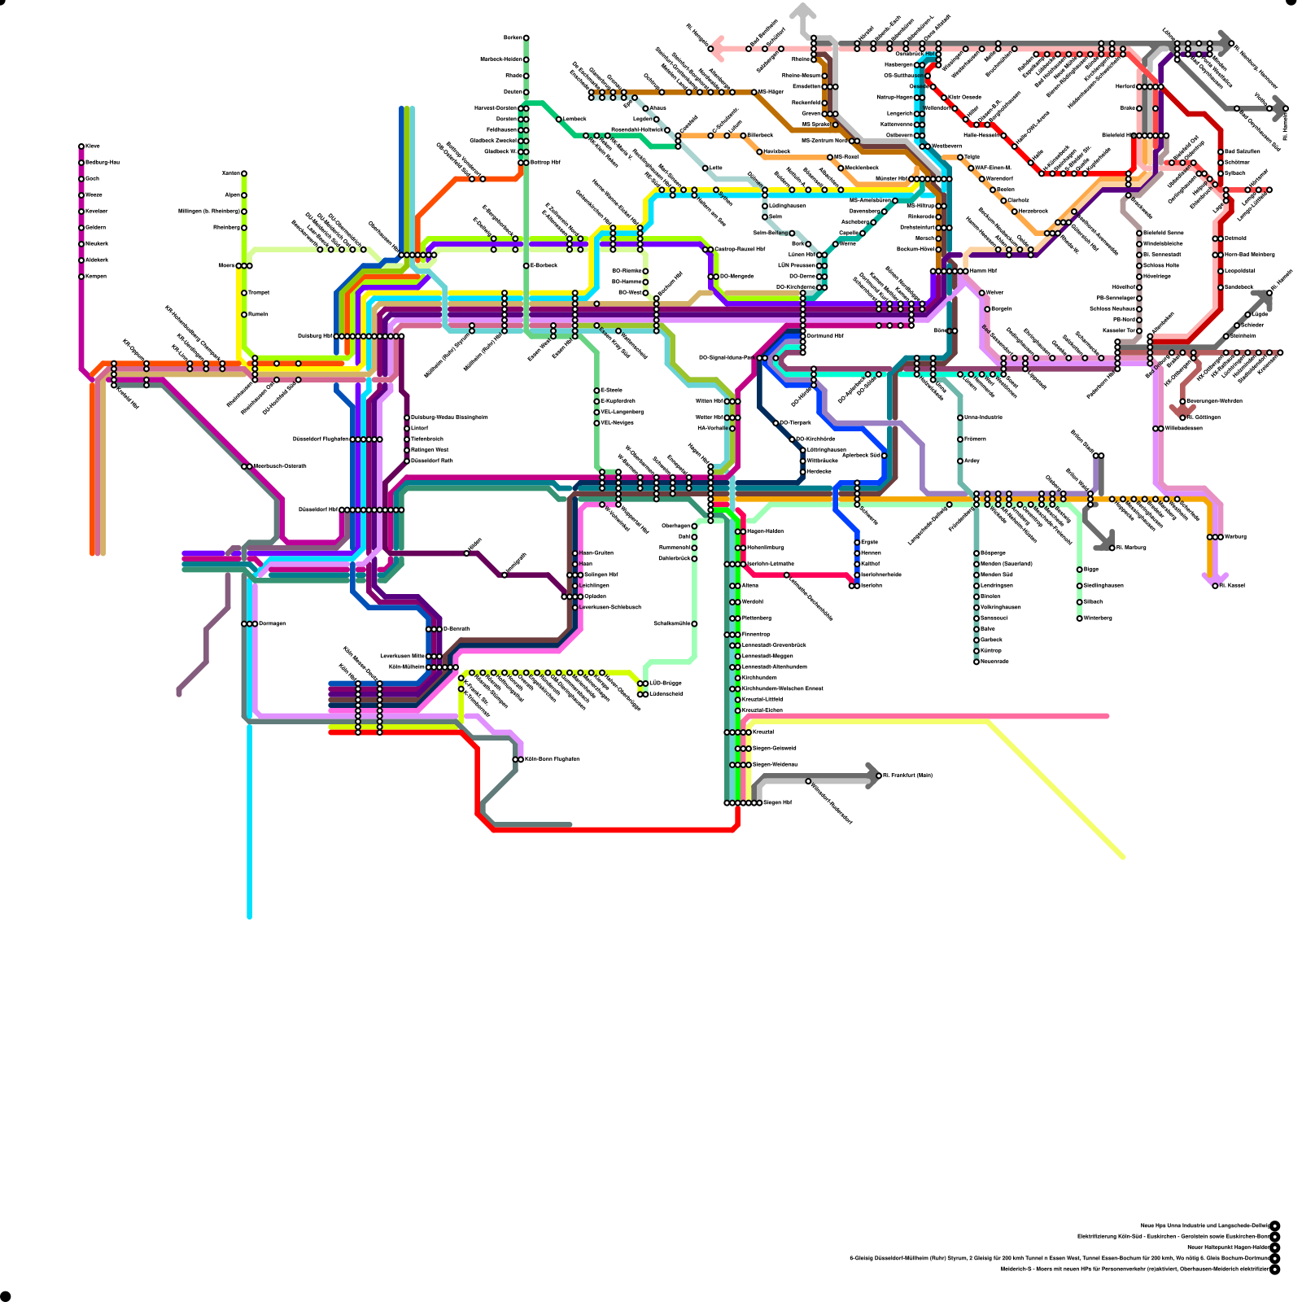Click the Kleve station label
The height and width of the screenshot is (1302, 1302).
point(93,146)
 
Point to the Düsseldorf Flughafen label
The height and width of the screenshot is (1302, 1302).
point(321,439)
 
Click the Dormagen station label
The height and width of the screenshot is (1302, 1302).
point(272,624)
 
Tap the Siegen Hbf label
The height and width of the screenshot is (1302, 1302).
point(778,803)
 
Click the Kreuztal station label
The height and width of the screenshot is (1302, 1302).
point(763,732)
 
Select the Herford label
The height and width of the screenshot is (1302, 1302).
point(1125,86)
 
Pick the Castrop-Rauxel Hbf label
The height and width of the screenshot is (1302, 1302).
point(740,249)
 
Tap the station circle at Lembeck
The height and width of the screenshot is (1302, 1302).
point(559,119)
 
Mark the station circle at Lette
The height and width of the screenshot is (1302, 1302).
point(706,168)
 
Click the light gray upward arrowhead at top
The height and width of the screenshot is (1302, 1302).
point(803,11)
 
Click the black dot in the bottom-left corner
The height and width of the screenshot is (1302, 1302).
point(6,1295)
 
